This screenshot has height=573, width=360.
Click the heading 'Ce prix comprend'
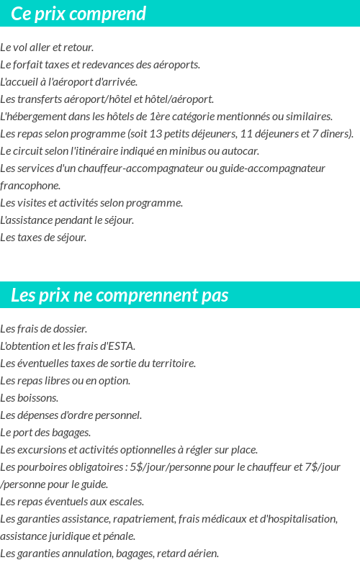tap(78, 14)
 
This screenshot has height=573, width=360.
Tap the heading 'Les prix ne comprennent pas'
tap(120, 295)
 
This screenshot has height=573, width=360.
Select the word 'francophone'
tap(30, 186)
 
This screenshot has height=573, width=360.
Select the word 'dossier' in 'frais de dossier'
tap(71, 329)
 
